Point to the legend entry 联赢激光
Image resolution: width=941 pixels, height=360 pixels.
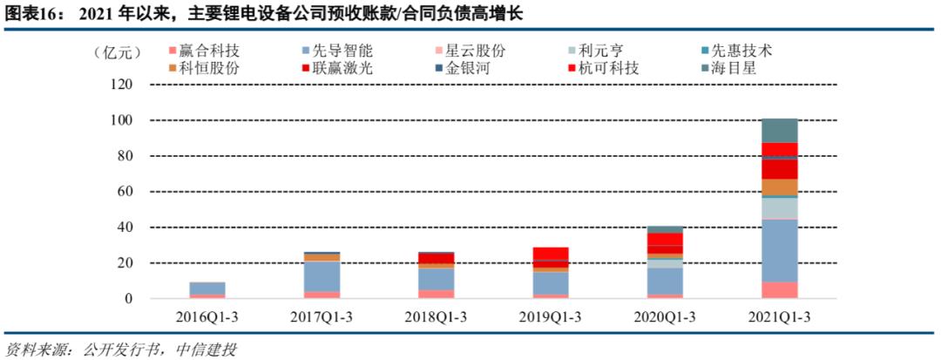point(341,67)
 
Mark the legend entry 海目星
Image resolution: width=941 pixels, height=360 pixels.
point(728,67)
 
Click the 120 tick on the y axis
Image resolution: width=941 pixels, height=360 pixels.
point(122,85)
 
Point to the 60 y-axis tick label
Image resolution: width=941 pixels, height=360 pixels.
point(125,192)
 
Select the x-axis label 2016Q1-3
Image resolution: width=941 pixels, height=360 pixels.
point(207,317)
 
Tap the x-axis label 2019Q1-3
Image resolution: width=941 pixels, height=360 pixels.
point(551,317)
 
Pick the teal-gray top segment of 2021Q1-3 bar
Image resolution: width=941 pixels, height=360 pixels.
point(780,130)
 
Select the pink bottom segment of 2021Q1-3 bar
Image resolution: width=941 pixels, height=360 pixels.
point(780,289)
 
